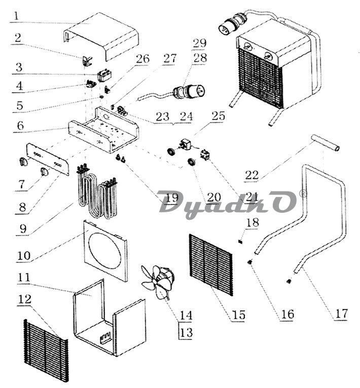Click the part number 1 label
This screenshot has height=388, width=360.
click(x=16, y=16)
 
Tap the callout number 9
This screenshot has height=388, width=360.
click(x=23, y=228)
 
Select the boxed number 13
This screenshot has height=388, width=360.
click(x=186, y=333)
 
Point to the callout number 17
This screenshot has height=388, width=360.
click(x=341, y=314)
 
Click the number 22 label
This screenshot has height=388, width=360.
click(x=252, y=175)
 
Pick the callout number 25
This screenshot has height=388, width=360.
click(x=218, y=116)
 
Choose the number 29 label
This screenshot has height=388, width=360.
click(x=199, y=43)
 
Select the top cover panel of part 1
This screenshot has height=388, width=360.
click(x=101, y=36)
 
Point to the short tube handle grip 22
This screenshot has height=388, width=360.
click(x=326, y=143)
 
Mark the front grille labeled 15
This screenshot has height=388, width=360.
click(x=211, y=265)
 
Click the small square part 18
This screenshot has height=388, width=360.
click(x=240, y=242)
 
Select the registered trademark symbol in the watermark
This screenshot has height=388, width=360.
click(x=303, y=195)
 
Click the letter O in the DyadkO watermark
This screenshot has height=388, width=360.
click(x=281, y=202)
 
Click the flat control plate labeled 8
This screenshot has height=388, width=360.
click(x=47, y=159)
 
